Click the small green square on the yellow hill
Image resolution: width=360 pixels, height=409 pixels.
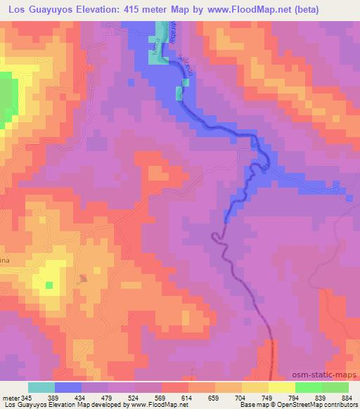(x=49, y=285)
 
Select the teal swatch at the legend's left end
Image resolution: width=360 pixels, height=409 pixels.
(x=41, y=387)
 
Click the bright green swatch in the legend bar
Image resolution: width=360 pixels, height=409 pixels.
(x=308, y=387)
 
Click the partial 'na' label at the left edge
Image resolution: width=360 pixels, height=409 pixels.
(x=4, y=259)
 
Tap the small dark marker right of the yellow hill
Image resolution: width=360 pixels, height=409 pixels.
(x=84, y=278)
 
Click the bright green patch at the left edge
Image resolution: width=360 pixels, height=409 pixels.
(x=8, y=98)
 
